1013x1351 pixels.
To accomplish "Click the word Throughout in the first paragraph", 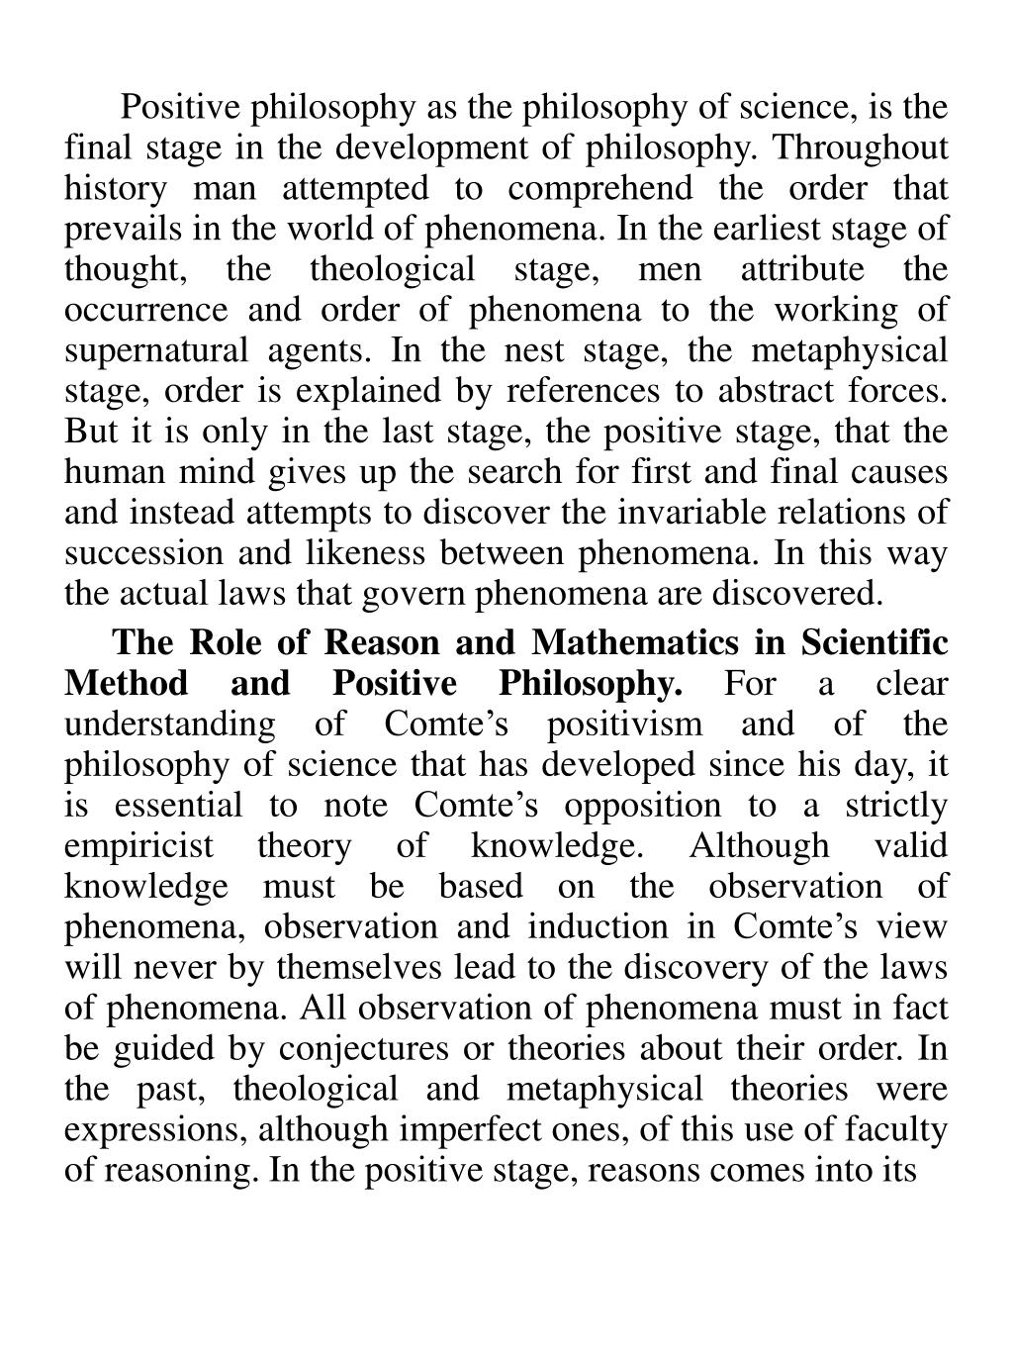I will [859, 147].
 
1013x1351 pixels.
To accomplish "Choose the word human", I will [108, 472].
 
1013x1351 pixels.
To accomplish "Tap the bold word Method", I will [126, 684].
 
